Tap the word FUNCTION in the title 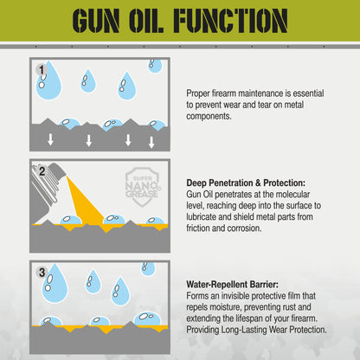tap(228, 20)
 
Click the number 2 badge tap(41, 170)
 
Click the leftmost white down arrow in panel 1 tap(50, 140)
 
